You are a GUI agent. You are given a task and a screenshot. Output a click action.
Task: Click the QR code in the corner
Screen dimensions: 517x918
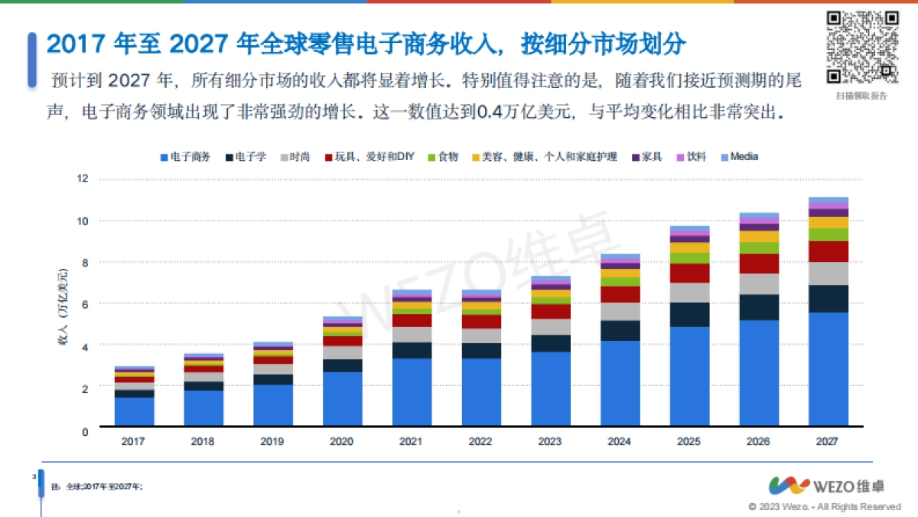coord(862,47)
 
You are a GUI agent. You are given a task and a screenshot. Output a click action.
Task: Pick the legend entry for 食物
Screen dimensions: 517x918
coord(443,156)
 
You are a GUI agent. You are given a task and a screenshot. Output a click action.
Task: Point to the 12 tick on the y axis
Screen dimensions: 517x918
coord(83,178)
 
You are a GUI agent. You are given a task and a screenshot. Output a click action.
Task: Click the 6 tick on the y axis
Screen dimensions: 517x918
coord(85,304)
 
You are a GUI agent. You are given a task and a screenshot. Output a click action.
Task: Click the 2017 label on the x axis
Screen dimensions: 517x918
coord(134,442)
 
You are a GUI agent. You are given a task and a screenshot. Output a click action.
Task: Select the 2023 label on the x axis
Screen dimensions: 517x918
coord(550,442)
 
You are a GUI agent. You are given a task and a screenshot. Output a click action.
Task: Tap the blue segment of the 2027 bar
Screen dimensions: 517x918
coord(828,368)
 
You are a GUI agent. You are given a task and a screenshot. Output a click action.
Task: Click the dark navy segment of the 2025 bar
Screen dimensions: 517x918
coord(689,314)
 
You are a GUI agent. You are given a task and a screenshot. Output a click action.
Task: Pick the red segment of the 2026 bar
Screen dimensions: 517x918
coord(759,263)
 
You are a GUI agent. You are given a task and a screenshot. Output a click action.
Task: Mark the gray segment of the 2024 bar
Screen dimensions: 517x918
coord(620,311)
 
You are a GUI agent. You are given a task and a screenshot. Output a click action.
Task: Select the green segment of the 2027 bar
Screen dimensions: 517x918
coord(828,234)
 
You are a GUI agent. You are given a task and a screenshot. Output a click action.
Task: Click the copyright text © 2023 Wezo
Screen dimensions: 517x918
coord(824,507)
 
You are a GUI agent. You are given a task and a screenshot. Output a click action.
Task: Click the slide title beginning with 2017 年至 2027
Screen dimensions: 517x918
coord(366,44)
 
